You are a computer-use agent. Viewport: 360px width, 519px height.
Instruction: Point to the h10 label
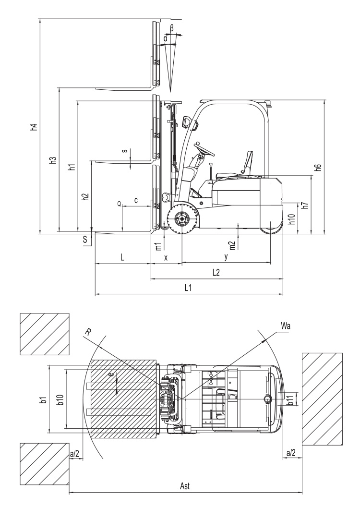[x=291, y=218]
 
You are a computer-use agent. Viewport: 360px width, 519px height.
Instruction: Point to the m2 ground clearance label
[x=232, y=245]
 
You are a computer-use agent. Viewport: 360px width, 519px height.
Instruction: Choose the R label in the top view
[x=86, y=332]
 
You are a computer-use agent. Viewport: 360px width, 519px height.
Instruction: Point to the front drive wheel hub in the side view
[x=182, y=219]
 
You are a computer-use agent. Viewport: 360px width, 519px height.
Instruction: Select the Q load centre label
[x=119, y=203]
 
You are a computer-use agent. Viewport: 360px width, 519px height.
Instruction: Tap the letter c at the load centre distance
[x=136, y=200]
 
